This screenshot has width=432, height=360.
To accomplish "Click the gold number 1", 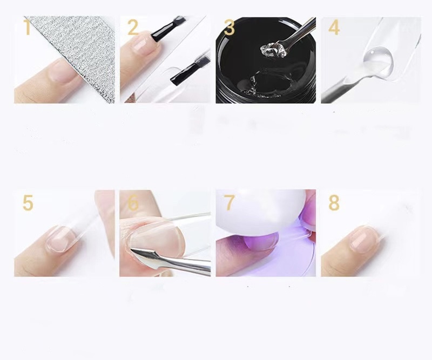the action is click(x=27, y=28).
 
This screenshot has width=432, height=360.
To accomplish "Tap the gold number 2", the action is click(x=133, y=28).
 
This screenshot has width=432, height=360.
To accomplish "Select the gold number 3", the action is click(x=229, y=28).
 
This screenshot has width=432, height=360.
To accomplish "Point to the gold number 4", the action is click(x=334, y=28).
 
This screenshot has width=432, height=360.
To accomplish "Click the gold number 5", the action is click(x=28, y=203).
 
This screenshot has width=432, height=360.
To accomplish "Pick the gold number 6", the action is click(x=133, y=203).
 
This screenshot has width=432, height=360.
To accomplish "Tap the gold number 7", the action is click(x=229, y=203).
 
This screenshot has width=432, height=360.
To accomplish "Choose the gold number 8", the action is click(x=334, y=203).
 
